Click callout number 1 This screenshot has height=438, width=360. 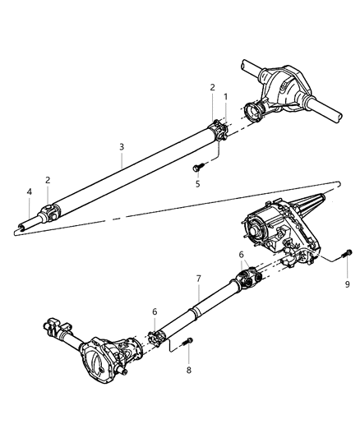click(x=224, y=96)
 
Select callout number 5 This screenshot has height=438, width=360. click(x=197, y=184)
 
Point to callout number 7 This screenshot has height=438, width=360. click(x=198, y=280)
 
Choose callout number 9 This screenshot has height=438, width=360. click(x=346, y=284)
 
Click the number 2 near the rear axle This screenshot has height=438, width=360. click(x=211, y=87)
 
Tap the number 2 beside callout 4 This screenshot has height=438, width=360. click(x=48, y=179)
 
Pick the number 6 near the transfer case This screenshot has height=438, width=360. click(x=241, y=255)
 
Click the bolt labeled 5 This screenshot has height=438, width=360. click(x=197, y=168)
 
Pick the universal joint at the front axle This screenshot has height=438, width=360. click(x=155, y=336)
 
